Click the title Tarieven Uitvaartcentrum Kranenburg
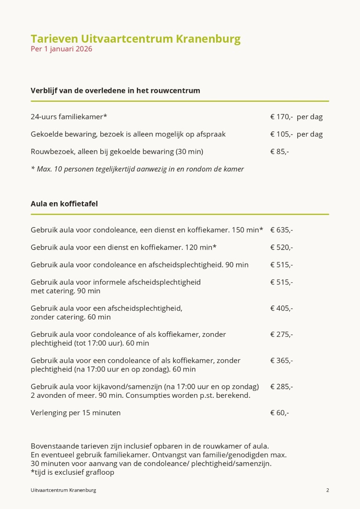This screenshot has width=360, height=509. (x=135, y=38)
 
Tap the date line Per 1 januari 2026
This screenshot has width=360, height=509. (x=61, y=49)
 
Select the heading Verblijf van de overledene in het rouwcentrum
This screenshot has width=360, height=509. (x=115, y=91)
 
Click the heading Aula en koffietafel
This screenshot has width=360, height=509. (x=64, y=204)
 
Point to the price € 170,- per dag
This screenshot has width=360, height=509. (x=296, y=117)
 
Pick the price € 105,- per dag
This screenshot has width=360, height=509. (x=296, y=134)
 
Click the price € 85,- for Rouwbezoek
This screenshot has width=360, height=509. (x=279, y=152)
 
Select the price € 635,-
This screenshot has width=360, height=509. (x=281, y=230)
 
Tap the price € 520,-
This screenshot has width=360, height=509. (x=281, y=247)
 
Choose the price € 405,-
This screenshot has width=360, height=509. (x=281, y=308)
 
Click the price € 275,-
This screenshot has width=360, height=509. (x=281, y=334)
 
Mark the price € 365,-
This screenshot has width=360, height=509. (x=281, y=361)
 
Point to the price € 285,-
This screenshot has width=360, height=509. (x=281, y=387)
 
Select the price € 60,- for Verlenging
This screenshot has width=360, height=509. (x=279, y=413)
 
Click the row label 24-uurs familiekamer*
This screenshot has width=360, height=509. (x=69, y=117)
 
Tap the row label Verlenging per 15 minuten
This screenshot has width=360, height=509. (x=75, y=413)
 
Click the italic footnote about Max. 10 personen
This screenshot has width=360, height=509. (x=137, y=169)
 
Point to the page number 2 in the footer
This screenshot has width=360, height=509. (x=328, y=490)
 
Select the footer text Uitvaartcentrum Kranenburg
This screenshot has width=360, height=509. (x=63, y=490)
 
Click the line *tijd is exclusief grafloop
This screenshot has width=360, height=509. (x=72, y=472)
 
